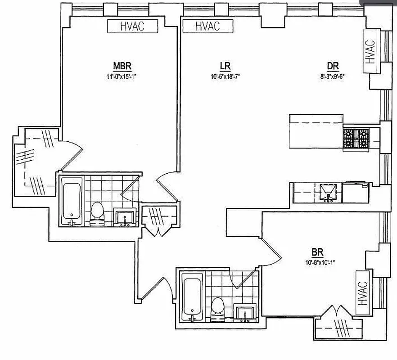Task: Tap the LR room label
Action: [226, 66]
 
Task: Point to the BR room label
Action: [317, 252]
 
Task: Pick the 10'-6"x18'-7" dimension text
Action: [226, 76]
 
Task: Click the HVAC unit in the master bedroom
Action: [132, 26]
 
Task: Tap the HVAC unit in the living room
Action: [208, 26]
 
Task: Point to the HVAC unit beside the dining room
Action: [370, 52]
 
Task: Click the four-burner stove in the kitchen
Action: [356, 139]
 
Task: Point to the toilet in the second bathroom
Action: [218, 309]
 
